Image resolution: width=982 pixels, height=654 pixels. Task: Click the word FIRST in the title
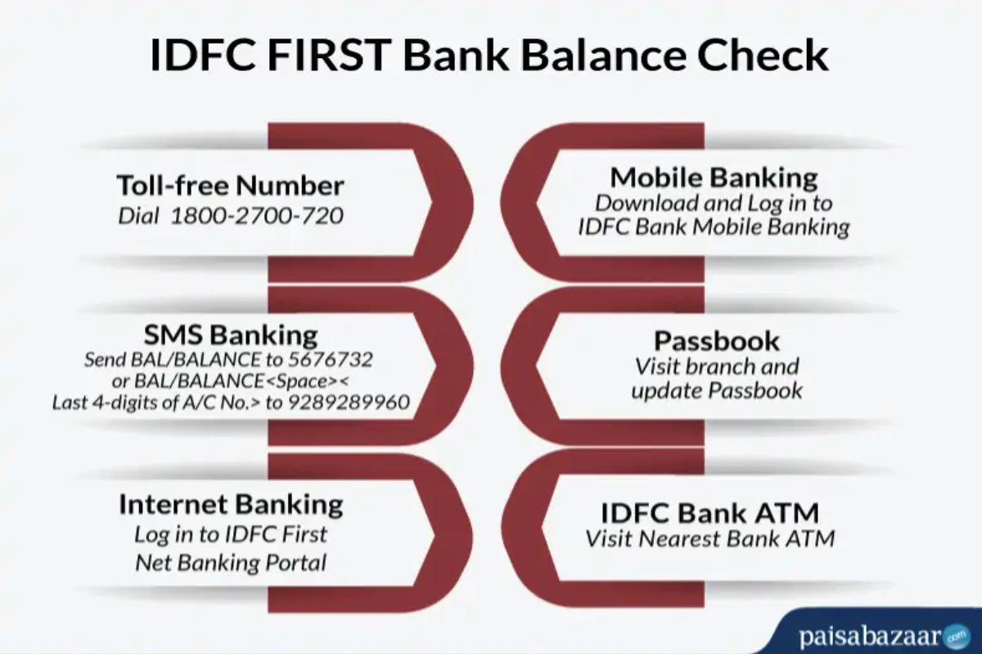[x=329, y=56]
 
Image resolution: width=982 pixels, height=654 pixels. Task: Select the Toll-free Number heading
[x=231, y=186]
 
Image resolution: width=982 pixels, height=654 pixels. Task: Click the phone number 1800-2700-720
[x=257, y=216]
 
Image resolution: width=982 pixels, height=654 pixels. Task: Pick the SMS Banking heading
[x=231, y=335]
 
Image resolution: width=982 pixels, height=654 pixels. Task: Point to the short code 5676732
[x=330, y=360]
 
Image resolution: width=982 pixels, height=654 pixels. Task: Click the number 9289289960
[x=349, y=402]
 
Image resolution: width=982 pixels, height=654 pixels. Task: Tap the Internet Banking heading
[x=231, y=504]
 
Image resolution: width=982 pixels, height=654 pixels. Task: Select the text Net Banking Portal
[x=231, y=563]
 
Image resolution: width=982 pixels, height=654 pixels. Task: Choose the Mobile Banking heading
[x=714, y=178]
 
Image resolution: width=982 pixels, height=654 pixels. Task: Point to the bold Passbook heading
[x=717, y=341]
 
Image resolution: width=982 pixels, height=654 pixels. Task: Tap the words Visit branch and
[x=717, y=366]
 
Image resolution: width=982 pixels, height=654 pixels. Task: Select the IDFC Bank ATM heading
[x=709, y=513]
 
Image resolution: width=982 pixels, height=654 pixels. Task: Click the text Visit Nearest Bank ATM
[x=710, y=540]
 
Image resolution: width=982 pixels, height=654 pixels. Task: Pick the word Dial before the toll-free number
[x=138, y=216]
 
